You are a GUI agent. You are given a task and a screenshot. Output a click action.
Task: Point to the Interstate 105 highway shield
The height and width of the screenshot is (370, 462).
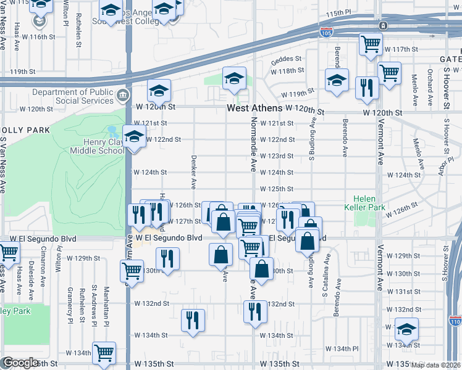pyautogui.click(x=325, y=31)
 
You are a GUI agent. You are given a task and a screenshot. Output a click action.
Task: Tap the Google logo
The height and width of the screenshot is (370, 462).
pyautogui.click(x=20, y=363)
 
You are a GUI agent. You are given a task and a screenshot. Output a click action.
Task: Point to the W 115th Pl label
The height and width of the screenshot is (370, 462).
pyautogui.click(x=342, y=12)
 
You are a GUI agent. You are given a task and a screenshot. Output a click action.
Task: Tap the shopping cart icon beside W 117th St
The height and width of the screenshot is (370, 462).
pyautogui.click(x=371, y=43)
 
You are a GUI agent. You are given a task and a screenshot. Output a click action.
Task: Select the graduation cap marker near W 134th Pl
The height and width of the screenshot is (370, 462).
pyautogui.click(x=406, y=328)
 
